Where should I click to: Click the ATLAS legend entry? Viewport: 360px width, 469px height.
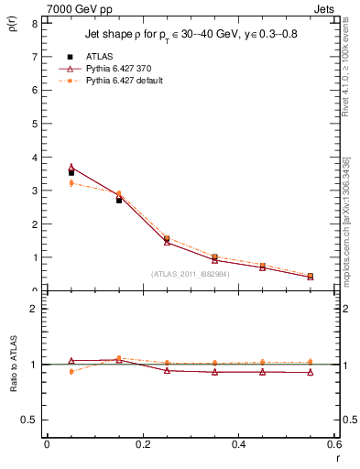click(98, 56)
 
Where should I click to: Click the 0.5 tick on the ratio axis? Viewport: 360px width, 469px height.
click(30, 420)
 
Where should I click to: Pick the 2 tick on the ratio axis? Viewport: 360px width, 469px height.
click(34, 309)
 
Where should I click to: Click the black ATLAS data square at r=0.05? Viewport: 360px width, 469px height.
click(71, 172)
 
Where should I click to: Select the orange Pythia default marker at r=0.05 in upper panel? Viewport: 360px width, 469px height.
click(71, 183)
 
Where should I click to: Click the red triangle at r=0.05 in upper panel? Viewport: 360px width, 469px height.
click(71, 167)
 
